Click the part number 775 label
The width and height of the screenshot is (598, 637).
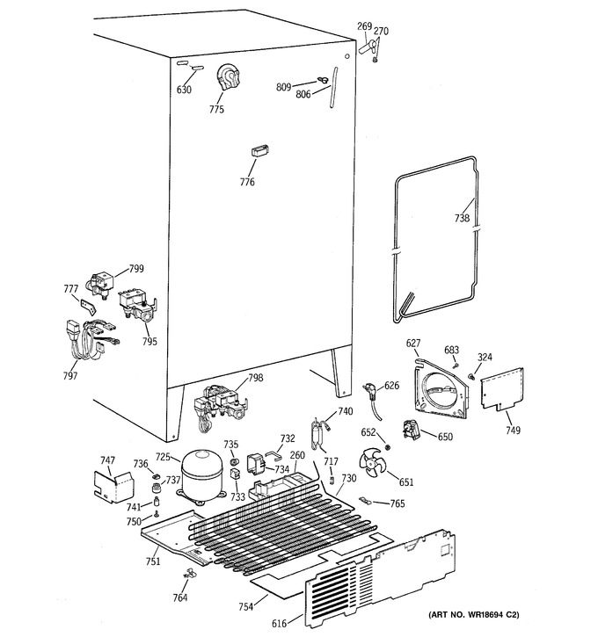coord(216,109)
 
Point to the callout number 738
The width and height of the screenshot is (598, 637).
coord(462,218)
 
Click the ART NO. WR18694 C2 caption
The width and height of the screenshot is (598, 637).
coord(474,614)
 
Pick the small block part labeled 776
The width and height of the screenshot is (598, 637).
coord(260,150)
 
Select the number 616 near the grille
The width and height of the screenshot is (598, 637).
coord(279,623)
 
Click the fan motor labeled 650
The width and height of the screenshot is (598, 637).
coord(411,430)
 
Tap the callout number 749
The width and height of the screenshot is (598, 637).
coord(513,430)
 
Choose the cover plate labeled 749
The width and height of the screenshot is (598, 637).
coord(502,388)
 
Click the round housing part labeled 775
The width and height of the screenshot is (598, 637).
coord(228,77)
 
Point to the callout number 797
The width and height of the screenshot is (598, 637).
coord(70,376)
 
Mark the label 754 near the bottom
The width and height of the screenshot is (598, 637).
coord(246,607)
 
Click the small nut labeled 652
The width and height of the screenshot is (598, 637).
coord(388,447)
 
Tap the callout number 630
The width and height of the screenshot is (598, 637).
coord(184,90)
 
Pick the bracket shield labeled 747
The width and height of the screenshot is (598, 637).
coord(113,487)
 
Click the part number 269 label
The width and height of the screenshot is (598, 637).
coord(365,26)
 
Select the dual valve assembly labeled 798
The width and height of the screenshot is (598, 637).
coord(221,408)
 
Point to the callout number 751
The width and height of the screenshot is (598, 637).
coord(153,561)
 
